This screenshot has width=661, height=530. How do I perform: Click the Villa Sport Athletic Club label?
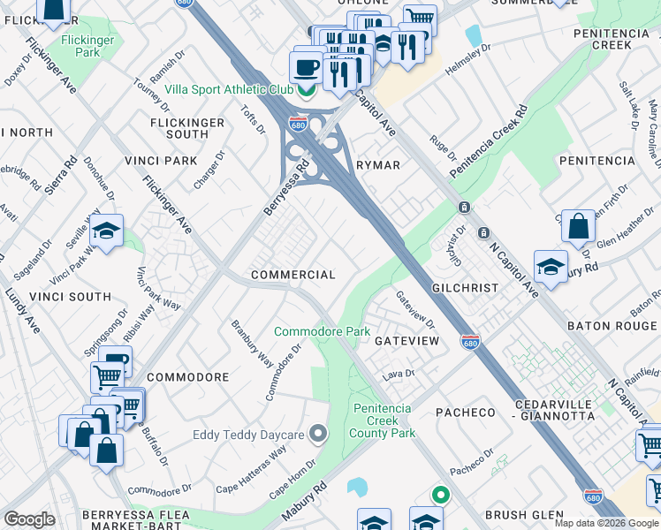(231, 88)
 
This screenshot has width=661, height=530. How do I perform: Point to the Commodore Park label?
(322, 331)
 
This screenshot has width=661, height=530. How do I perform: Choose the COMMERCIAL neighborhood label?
(293, 275)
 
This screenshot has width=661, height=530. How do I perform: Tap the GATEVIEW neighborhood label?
(406, 340)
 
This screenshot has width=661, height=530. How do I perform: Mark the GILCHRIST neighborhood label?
(467, 289)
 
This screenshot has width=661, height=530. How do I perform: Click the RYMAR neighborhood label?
(378, 165)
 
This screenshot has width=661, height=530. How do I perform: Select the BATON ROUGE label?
(612, 326)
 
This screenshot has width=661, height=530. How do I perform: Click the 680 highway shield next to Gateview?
(471, 341)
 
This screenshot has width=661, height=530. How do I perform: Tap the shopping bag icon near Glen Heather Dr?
(578, 226)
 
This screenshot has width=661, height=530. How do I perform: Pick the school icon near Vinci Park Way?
(107, 231)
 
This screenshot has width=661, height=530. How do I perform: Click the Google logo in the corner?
(29, 519)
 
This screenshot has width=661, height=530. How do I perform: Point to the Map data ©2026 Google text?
(605, 523)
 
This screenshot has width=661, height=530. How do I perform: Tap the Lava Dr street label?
(399, 375)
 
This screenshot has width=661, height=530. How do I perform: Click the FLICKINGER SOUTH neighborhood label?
(192, 128)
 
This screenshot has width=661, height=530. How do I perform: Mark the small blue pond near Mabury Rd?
(358, 487)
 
